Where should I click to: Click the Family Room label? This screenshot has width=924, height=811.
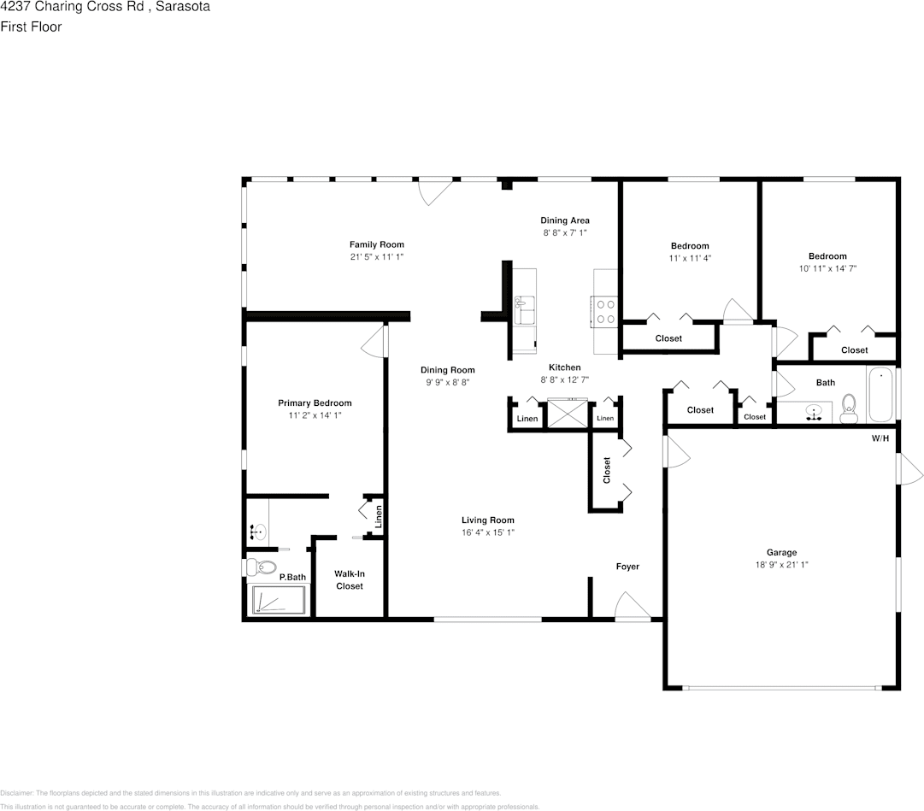tap(376, 244)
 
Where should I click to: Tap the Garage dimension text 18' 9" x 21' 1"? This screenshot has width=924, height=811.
tap(781, 564)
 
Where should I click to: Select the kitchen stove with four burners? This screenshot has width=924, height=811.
tap(605, 311)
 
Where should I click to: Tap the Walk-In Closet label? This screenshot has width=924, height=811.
tap(349, 580)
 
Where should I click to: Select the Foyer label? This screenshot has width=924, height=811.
tap(627, 567)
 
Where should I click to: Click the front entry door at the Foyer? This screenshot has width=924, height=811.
tap(633, 608)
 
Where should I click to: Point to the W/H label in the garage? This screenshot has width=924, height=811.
tap(880, 438)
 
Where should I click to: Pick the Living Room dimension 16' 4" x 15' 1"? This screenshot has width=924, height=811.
tap(487, 532)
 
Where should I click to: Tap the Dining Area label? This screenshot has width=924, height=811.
tap(565, 220)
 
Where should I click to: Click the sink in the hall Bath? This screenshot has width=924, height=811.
tap(815, 414)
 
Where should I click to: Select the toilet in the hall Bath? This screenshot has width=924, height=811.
tap(849, 408)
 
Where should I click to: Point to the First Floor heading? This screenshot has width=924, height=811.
tap(31, 26)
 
